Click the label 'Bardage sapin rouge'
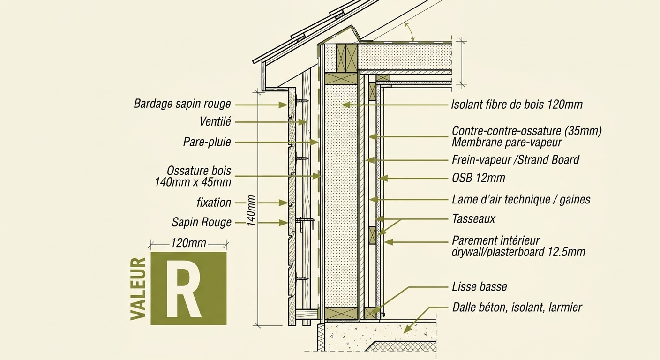[x=182, y=104]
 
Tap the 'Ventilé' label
[x=215, y=121]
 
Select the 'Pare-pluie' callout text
[x=207, y=142]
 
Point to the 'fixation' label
[x=214, y=202]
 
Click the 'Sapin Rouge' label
[x=202, y=223]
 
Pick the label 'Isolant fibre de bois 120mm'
[x=517, y=105]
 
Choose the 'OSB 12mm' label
[x=479, y=178]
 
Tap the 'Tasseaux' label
[x=473, y=219]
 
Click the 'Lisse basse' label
[x=480, y=287]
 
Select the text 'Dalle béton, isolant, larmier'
[x=517, y=307]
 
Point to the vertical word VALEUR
[x=138, y=289]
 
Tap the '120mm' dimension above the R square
[x=188, y=243]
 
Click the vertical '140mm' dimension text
[x=251, y=210]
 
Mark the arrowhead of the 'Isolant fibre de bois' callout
[x=346, y=105]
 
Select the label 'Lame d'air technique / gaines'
[x=521, y=199]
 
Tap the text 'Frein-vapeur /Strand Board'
[x=516, y=160]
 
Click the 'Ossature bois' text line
[x=199, y=171]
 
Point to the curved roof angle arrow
[x=409, y=32]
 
